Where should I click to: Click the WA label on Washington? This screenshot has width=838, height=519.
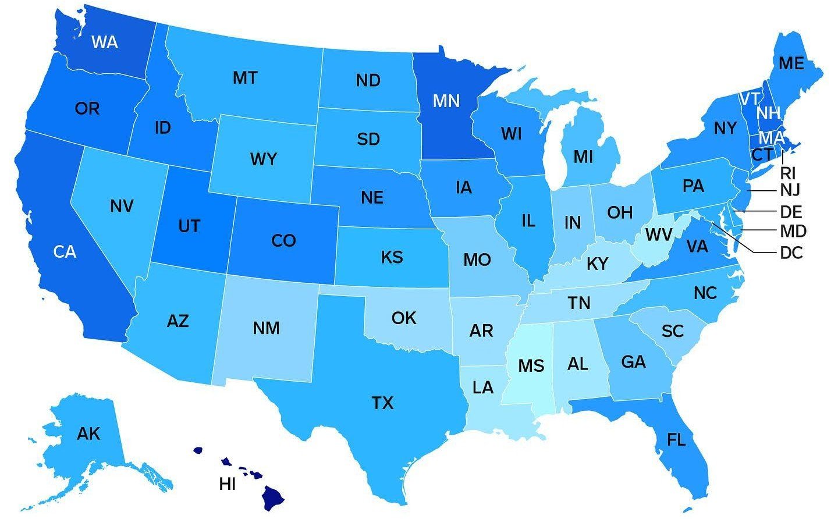105,42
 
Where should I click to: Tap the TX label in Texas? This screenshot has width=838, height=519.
382,403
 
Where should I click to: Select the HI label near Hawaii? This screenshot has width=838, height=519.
228,484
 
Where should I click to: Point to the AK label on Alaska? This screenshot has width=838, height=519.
88,433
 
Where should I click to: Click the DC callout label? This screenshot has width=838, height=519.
791,253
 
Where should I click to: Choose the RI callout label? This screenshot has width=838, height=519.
788,173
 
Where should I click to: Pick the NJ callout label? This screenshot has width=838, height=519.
790,190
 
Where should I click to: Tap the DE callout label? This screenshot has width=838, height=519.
791,211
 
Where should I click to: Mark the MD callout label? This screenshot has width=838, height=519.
793,232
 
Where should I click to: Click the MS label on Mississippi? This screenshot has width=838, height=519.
531,366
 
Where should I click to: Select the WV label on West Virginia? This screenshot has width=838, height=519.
659,235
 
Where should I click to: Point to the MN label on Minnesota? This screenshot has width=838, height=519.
446,101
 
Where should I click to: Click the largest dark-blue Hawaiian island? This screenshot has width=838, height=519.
272,497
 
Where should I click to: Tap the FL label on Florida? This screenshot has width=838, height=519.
676,440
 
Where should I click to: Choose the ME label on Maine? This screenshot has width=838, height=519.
791,63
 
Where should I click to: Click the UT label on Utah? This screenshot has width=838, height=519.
189,226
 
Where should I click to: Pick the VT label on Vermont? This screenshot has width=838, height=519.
749,99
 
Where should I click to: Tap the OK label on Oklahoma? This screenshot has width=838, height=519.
404,318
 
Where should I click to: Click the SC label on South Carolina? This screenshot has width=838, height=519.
672,331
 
